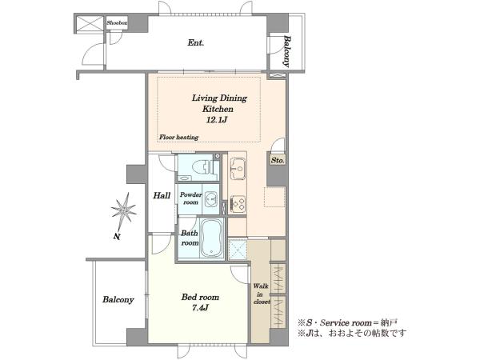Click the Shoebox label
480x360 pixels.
tap(117, 22)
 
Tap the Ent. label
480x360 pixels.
tap(196, 42)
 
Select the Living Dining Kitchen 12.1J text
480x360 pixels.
tap(219, 109)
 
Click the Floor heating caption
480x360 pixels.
tap(178, 137)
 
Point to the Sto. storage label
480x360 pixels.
tap(278, 160)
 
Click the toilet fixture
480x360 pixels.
tap(203, 167)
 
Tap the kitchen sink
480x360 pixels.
tap(238, 168)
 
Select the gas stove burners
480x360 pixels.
tap(238, 203)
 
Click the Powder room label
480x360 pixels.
tap(190, 198)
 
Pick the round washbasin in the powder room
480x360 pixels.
tap(211, 198)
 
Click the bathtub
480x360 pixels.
tap(212, 238)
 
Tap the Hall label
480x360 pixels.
tap(162, 195)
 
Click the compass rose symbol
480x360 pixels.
tap(124, 211)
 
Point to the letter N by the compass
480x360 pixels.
tap(117, 236)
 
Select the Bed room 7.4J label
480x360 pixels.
tap(200, 302)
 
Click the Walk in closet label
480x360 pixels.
tap(261, 294)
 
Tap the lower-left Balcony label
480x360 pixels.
tap(118, 299)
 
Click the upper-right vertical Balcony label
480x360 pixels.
tap(286, 51)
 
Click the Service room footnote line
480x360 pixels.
tap(348, 322)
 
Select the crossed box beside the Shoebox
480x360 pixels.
tap(90, 23)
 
